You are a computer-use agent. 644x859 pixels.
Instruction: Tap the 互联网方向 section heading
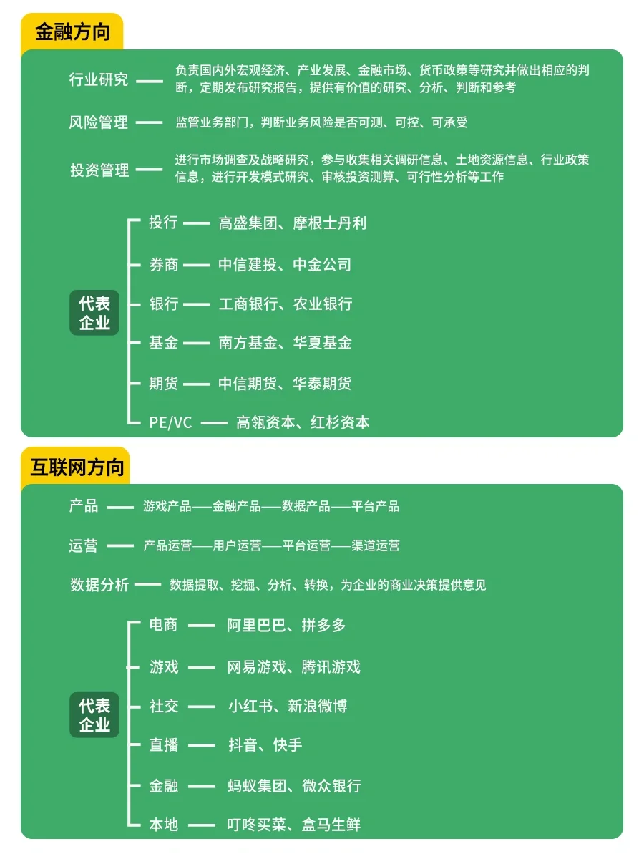pyautogui.click(x=77, y=467)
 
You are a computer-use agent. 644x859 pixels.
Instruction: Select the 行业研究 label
pyautogui.click(x=99, y=79)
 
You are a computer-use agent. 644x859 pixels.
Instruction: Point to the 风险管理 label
pyautogui.click(x=99, y=122)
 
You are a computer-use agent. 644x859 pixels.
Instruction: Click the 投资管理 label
pyautogui.click(x=99, y=170)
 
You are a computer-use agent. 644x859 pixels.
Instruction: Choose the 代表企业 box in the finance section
pyautogui.click(x=94, y=313)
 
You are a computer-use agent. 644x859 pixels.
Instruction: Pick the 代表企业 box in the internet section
pyautogui.click(x=94, y=715)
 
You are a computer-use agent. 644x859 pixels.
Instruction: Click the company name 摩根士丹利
pyautogui.click(x=330, y=223)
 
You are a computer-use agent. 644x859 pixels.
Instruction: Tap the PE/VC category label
pyautogui.click(x=170, y=422)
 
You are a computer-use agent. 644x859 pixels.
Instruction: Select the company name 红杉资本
pyautogui.click(x=340, y=422)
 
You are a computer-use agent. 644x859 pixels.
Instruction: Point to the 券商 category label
pyautogui.click(x=163, y=265)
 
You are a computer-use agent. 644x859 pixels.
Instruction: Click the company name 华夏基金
pyautogui.click(x=323, y=344)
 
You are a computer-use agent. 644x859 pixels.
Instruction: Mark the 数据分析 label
pyautogui.click(x=99, y=585)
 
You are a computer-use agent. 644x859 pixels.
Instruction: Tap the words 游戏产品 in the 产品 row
pyautogui.click(x=167, y=506)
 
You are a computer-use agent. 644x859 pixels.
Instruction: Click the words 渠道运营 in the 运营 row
pyautogui.click(x=376, y=545)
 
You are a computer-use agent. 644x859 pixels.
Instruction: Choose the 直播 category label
pyautogui.click(x=163, y=745)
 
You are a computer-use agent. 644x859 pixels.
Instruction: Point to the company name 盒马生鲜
pyautogui.click(x=331, y=825)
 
